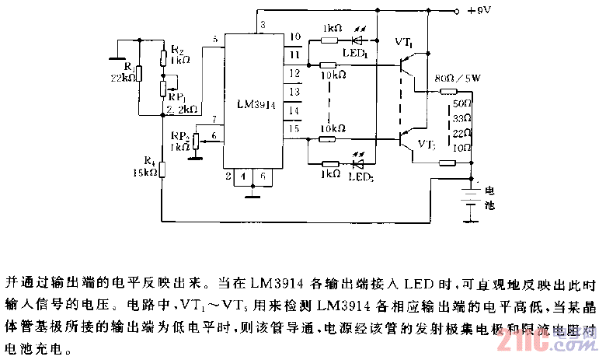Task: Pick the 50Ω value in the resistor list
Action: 463,103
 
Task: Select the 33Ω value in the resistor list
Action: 463,118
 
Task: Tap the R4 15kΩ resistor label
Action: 147,167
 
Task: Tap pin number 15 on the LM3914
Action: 294,128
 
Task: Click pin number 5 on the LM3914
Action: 214,39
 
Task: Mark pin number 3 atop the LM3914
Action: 263,26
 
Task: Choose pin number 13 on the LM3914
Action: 294,91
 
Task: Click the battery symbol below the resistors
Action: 469,199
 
